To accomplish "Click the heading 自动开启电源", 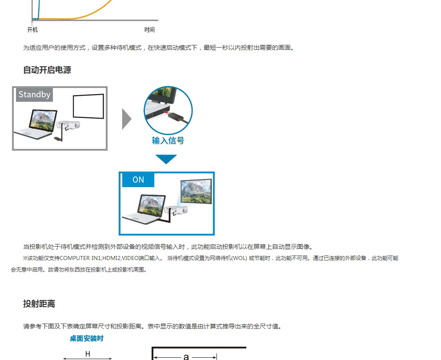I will (47, 70).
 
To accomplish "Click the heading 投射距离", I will (39, 304).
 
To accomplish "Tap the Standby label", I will (34, 95).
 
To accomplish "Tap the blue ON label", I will (138, 180).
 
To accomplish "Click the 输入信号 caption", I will (168, 140).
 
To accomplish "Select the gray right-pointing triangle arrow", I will (127, 118).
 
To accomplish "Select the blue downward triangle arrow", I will (166, 159).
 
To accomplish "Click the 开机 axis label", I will (32, 30).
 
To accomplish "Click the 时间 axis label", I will (149, 30).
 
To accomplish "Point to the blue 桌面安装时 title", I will (87, 339).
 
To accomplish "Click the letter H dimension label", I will (88, 354).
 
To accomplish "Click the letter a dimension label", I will (186, 356).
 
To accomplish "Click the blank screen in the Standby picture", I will (88, 106).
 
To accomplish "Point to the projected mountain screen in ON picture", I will (196, 191).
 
